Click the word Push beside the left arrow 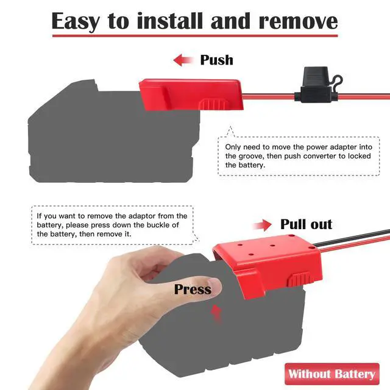coord(217,60)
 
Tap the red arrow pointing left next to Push coord(183,60)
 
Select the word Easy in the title coord(76,21)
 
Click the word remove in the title coord(298,21)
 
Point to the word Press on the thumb coord(193,289)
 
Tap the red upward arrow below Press coord(216,313)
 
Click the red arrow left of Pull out coord(262,225)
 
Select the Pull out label coord(306,224)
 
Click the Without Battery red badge coord(332,374)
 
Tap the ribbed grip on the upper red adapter coord(214,104)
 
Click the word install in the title coord(170,21)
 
